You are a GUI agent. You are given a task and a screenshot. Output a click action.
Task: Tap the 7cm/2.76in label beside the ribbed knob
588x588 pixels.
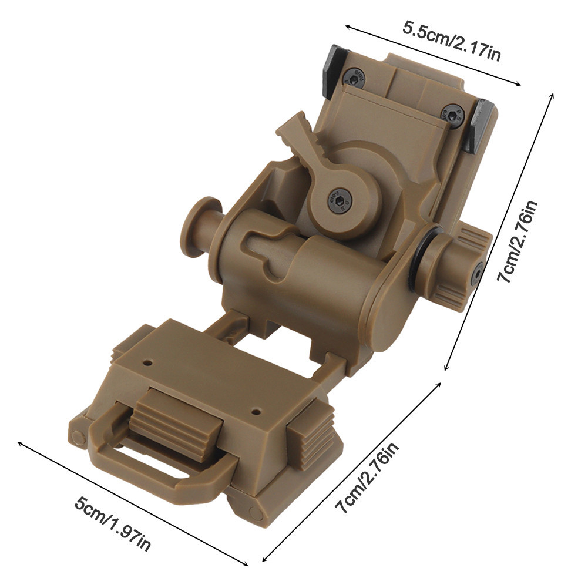[516, 241]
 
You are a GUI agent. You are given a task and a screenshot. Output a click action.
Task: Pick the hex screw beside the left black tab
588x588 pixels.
[353, 76]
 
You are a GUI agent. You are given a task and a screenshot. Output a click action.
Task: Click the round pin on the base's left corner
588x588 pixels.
[78, 436]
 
